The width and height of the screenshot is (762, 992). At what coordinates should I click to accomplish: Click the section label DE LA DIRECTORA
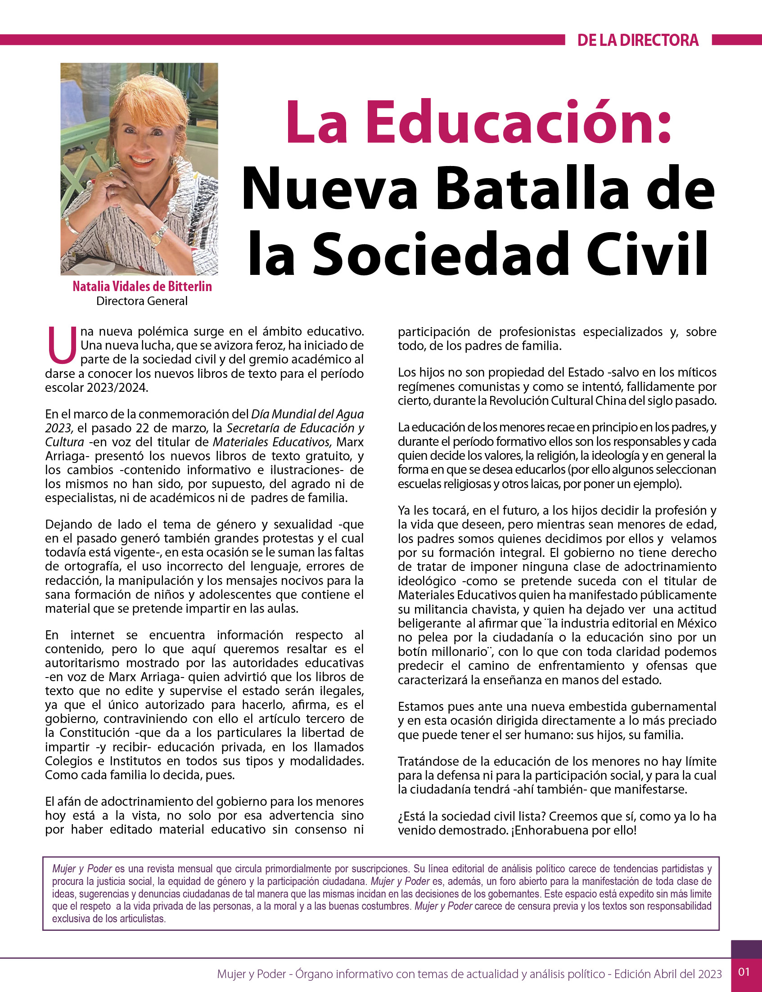[x=638, y=40]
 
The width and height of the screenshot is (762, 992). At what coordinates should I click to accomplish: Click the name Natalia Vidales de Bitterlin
[x=142, y=287]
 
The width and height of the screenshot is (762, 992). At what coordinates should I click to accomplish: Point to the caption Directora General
[x=141, y=301]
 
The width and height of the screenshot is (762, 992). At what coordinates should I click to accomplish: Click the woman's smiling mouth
[x=141, y=160]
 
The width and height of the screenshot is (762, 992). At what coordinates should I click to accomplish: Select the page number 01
[x=744, y=971]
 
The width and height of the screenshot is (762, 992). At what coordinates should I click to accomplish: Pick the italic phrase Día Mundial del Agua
[x=307, y=414]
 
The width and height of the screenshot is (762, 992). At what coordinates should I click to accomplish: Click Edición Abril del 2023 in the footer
[x=667, y=974]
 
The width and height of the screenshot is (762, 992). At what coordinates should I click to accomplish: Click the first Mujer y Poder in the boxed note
[x=82, y=869]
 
